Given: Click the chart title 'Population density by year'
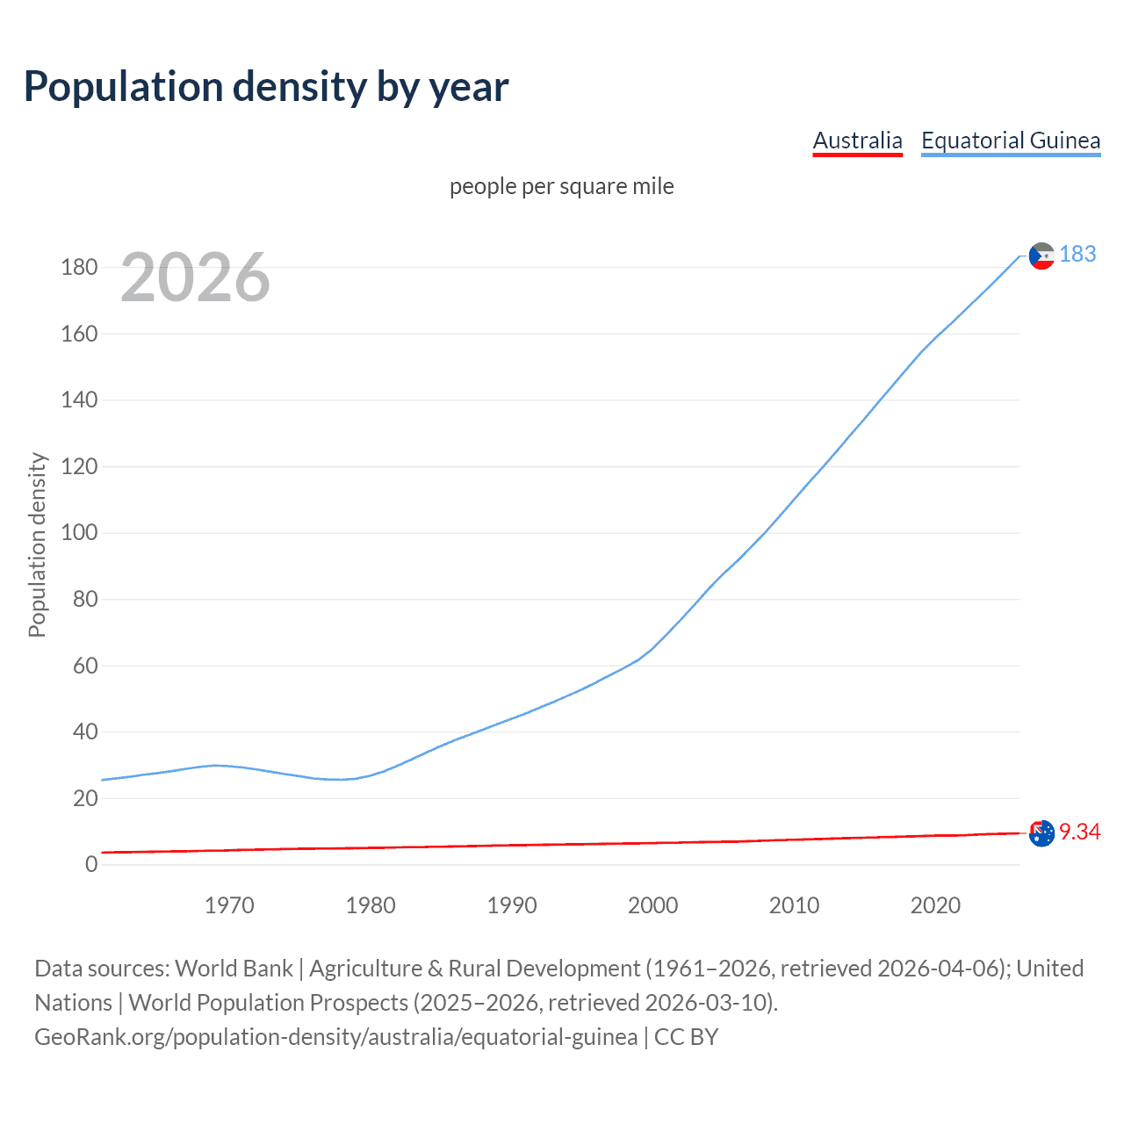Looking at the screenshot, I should pos(266,87).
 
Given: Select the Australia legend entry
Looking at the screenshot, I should pos(857,140).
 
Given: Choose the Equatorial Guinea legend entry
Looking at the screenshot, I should pos(1010,140).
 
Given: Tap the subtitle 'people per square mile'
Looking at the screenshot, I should pos(561,186).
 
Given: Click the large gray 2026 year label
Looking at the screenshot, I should pos(195,277).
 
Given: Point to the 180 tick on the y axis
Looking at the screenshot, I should pos(79,267).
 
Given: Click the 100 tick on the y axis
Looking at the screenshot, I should pos(79,533).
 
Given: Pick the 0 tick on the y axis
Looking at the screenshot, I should pos(91,864).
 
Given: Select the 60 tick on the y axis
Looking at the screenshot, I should pos(85,666).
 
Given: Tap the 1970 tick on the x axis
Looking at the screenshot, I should pos(229,905).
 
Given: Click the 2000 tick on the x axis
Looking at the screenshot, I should pos(652,905).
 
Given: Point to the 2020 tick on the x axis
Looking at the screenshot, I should pos(935,905).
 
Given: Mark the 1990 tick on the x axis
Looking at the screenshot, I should pos(511,905).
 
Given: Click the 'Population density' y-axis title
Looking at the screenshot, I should pos(37,544).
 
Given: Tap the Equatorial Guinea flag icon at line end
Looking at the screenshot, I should pos(1041,256).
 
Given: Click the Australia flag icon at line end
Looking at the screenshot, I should pos(1041,833).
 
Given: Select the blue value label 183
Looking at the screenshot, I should pos(1077,254).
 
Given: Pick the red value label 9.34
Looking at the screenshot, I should pos(1079,832).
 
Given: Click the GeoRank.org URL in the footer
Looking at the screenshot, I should pos(335,1037).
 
